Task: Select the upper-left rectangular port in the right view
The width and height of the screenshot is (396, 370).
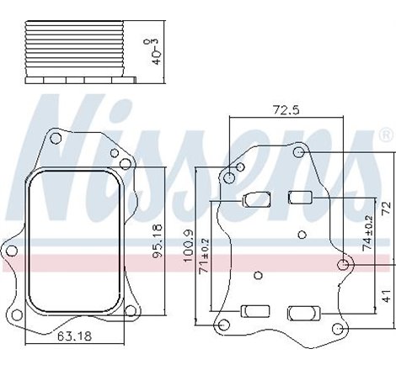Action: tap(255, 199)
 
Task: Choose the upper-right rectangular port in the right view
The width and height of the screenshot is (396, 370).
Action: tap(301, 198)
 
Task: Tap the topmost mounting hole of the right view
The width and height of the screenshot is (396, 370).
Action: tap(299, 151)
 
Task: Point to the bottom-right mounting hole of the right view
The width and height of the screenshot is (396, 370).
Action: tap(337, 329)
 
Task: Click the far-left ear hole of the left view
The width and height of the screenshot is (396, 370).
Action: tap(10, 249)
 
